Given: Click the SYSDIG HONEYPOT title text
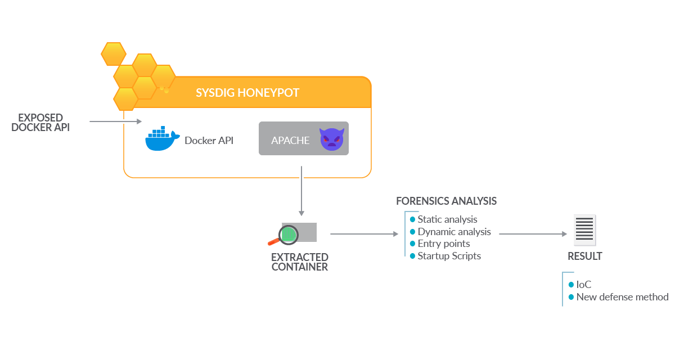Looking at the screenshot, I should coord(247,93).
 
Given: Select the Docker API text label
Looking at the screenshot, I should coord(209,141).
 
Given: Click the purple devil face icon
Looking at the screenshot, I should coord(331,139).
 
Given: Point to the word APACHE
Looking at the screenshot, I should coord(290,141).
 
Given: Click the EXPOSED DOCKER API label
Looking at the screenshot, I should coord(40,123).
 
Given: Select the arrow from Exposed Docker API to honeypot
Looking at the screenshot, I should coord(115,121).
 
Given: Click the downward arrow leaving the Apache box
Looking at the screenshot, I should coord(301,191).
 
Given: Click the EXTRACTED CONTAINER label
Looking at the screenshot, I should coord(300,262).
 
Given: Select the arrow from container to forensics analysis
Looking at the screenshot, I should coord(363,233).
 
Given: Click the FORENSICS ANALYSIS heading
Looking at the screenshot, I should coord(446,201).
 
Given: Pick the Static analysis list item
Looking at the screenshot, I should coord(447,219).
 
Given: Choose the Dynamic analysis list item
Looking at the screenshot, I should coord(453,232).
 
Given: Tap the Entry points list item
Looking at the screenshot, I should coord(443,244).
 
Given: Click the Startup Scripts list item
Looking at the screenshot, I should coord(449,256).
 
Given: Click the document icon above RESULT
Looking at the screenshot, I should coord(584,230).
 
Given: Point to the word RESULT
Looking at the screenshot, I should coord(584,256).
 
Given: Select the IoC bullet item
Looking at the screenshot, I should coord(583,285).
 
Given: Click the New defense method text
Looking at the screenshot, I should coord(622,297).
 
